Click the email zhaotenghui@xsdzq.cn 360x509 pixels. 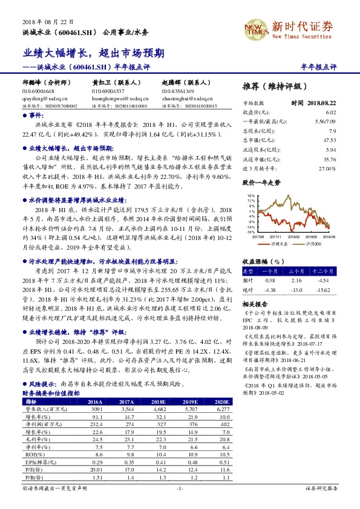(184, 97)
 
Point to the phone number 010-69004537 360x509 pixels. (108, 91)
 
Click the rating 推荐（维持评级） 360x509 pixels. (274, 86)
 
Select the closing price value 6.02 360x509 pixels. (330, 112)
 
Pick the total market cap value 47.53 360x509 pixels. (330, 140)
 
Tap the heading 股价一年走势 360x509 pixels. (261, 181)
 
